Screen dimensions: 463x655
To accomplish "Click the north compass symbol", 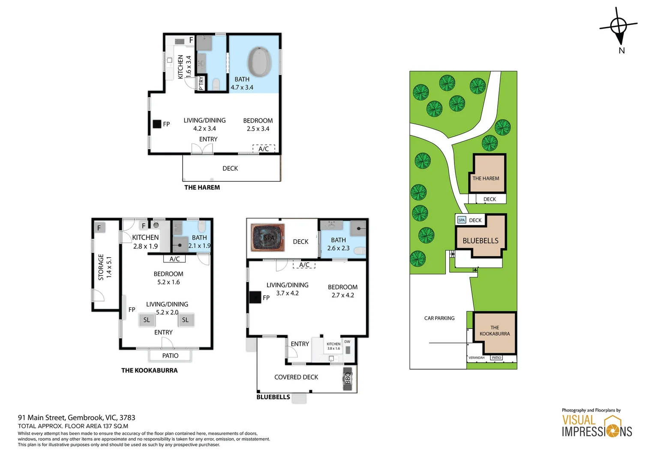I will click(x=619, y=27).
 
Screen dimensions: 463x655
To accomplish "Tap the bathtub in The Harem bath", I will click(x=260, y=62).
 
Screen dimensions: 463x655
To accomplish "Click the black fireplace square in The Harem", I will click(x=157, y=124).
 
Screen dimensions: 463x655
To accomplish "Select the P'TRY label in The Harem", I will click(x=201, y=83).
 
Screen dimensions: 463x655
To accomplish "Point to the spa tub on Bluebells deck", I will click(x=268, y=237).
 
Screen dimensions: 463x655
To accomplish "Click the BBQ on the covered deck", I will click(x=348, y=378).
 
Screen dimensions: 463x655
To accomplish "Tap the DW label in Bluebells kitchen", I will click(x=347, y=342).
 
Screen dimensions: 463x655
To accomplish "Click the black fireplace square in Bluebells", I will click(x=255, y=297).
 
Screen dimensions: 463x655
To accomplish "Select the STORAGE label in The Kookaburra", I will click(x=101, y=267).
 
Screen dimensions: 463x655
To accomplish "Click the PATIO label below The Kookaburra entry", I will click(x=170, y=356).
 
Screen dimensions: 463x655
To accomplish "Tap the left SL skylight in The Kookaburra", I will click(x=147, y=320).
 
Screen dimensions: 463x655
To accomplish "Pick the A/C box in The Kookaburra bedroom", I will click(x=174, y=259).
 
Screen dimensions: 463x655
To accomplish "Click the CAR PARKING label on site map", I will click(x=439, y=318).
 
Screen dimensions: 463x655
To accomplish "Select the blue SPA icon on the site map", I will click(x=461, y=220).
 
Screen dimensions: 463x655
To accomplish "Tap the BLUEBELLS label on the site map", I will click(x=481, y=241).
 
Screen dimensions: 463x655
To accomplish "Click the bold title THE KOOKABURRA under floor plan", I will click(x=149, y=370).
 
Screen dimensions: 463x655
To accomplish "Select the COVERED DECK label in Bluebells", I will click(x=296, y=377).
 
